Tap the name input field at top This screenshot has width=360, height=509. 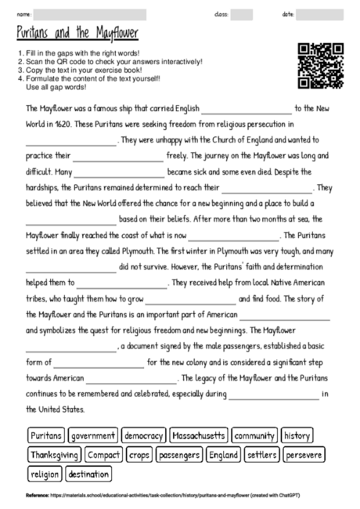90,15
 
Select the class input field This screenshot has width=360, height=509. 241,15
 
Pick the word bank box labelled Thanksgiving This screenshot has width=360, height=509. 55,454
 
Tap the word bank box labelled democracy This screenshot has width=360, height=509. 144,435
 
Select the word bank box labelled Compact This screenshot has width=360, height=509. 103,454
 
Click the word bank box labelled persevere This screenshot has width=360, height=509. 304,454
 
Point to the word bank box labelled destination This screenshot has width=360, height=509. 88,474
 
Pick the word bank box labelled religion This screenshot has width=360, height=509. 45,474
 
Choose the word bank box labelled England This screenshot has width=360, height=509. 224,454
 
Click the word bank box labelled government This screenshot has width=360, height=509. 94,435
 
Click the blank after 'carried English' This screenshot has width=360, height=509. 246,110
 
